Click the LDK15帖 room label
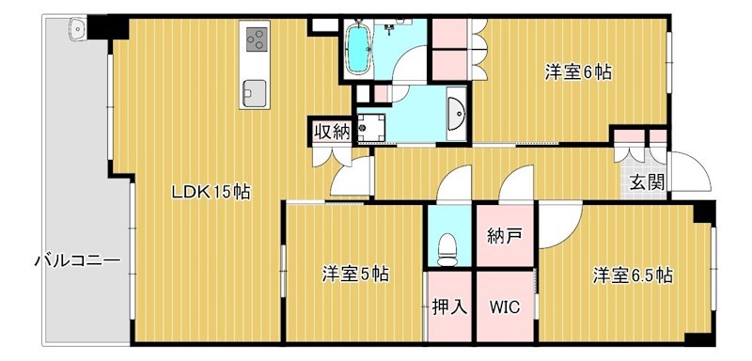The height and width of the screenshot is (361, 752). click(x=210, y=193)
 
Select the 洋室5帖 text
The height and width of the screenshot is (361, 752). click(x=355, y=275)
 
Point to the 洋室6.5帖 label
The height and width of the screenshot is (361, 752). click(x=632, y=275)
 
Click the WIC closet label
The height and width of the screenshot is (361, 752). click(x=505, y=306)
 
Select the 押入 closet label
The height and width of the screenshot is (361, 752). click(x=449, y=306)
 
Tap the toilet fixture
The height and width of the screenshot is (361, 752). click(x=448, y=249)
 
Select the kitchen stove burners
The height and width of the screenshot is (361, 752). click(x=256, y=39)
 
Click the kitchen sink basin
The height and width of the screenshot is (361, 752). click(x=256, y=91)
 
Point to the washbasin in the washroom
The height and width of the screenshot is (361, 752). click(x=458, y=115)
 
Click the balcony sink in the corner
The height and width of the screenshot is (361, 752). click(x=76, y=30)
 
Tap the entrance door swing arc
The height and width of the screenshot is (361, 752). click(x=694, y=174)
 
